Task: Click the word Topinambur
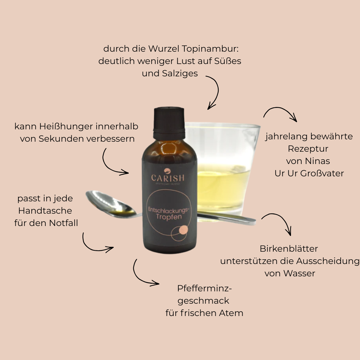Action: [x=211, y=49]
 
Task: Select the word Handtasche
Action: [x=45, y=211]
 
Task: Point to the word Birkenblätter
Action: [x=289, y=249]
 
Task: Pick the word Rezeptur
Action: [x=308, y=149]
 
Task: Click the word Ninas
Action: [x=317, y=161]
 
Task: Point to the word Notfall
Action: [x=63, y=223]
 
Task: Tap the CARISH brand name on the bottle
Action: [x=168, y=178]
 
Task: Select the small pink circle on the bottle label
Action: [x=183, y=230]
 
